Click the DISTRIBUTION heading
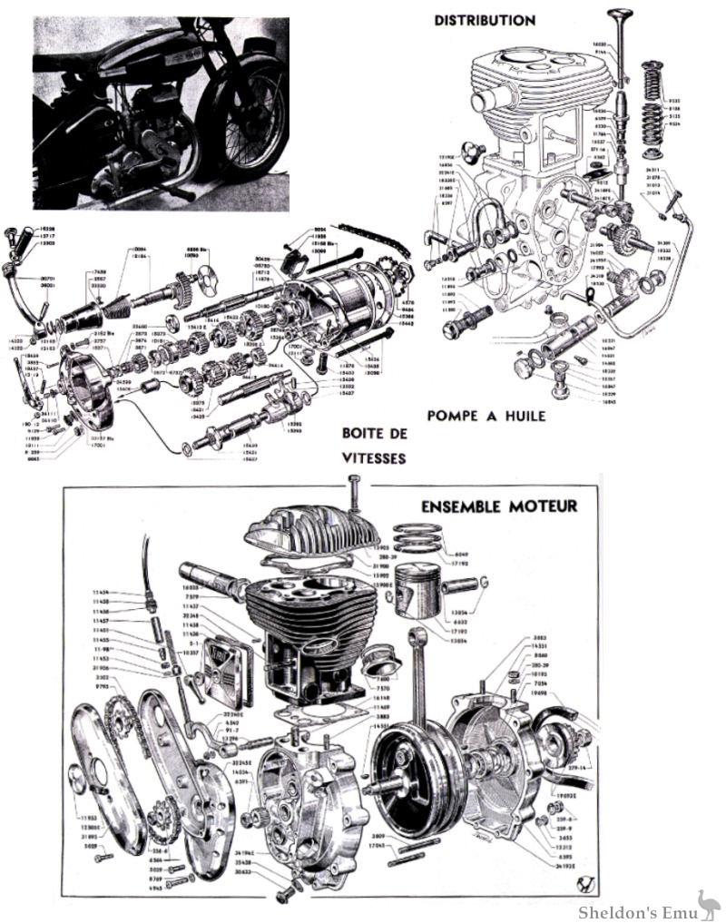tap(485, 19)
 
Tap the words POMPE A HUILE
tap(486, 417)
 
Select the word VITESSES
tap(373, 458)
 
